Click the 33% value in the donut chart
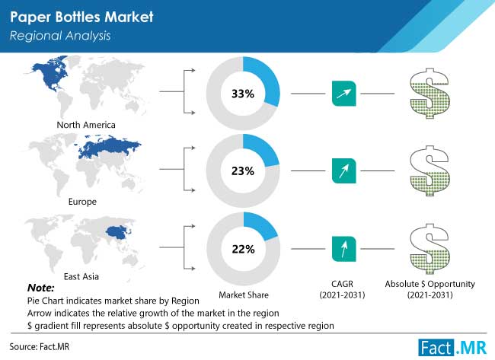coord(243,94)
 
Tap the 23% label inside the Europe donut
coord(243,171)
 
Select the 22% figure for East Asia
coord(243,249)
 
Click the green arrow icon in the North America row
coord(343,94)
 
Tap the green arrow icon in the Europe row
coord(343,171)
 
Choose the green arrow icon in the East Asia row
coord(343,249)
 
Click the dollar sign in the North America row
coord(429,94)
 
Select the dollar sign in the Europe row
coord(429,170)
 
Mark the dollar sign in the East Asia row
coord(429,249)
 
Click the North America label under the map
coord(86,125)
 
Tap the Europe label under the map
coord(82,202)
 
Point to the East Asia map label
coord(81,277)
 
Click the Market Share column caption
coord(244,295)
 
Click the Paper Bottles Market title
coord(81,17)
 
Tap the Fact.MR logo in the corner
coord(452,348)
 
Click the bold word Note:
coord(40,288)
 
